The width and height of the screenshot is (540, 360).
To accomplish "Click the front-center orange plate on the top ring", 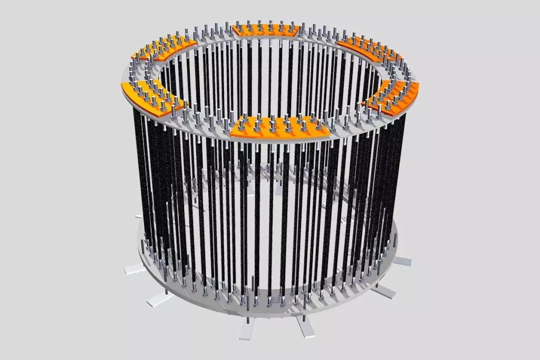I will click(279, 128).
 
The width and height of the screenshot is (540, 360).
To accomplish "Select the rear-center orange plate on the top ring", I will click(267, 31).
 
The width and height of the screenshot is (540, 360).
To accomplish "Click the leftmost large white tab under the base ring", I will click(134, 269).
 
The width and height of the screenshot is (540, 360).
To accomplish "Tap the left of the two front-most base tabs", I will click(247, 329).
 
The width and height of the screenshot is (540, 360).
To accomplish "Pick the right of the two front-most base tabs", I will click(305, 327).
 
